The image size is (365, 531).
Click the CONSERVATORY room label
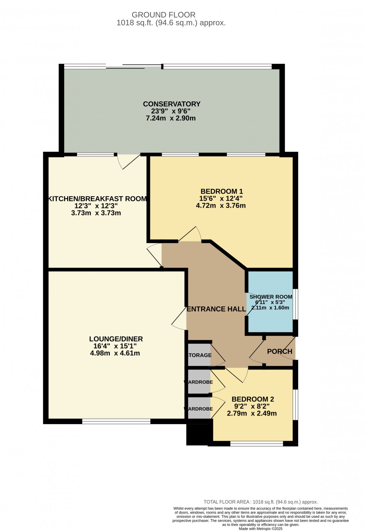click(x=171, y=104)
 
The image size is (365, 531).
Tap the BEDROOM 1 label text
click(x=222, y=192)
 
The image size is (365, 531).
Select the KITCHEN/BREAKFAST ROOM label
click(x=97, y=199)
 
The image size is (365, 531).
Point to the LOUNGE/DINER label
click(x=116, y=339)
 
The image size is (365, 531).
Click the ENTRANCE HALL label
click(x=216, y=309)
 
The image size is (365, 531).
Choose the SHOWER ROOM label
click(x=271, y=297)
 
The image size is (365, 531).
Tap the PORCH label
click(x=279, y=352)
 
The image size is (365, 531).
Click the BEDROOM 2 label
click(x=253, y=400)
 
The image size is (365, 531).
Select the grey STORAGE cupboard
click(x=200, y=355)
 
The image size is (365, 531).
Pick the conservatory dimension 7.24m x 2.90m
click(x=171, y=118)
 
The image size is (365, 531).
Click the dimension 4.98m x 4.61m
click(x=115, y=353)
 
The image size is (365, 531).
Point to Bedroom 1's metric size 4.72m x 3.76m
click(x=221, y=206)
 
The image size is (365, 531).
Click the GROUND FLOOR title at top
click(x=164, y=15)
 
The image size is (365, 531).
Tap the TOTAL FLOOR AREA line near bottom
click(x=261, y=502)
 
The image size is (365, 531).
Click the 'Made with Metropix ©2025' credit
click(x=261, y=529)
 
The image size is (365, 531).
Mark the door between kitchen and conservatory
click(x=129, y=160)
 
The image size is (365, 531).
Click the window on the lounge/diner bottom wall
click(x=116, y=422)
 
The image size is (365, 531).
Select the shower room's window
click(x=295, y=304)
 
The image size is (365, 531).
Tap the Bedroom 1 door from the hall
click(x=190, y=235)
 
